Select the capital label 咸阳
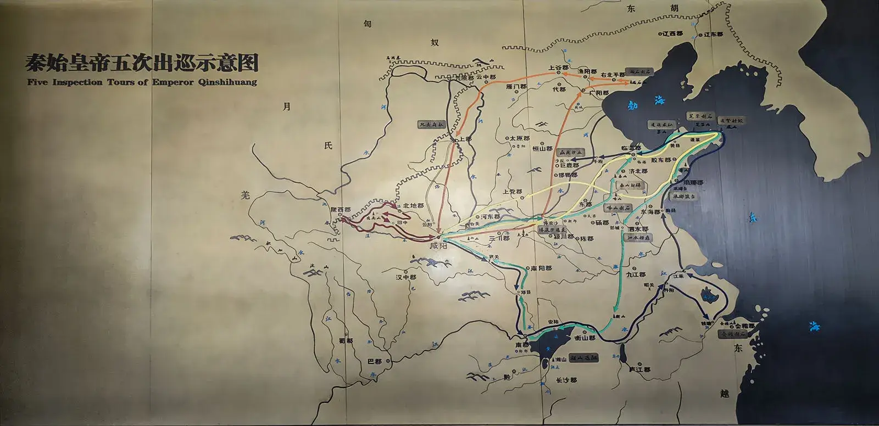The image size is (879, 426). (439, 246)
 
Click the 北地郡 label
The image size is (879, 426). (414, 206)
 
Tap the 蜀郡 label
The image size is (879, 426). (346, 341)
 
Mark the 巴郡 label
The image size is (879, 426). (374, 362)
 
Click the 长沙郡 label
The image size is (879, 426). (566, 380)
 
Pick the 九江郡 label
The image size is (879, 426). (636, 274)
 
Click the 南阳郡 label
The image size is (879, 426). (541, 268)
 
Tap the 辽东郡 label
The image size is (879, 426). (713, 34)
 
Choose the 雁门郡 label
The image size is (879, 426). (516, 86)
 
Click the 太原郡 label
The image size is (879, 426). (519, 139)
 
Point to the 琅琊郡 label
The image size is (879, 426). (693, 182)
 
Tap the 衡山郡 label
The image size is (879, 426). (585, 338)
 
